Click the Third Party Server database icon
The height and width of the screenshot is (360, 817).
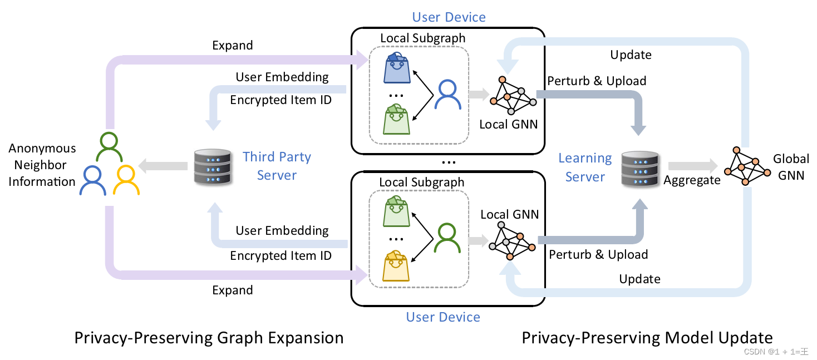pos(212,166)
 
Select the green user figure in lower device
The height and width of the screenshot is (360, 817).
pos(447,238)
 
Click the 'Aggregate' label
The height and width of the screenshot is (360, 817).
pos(692,180)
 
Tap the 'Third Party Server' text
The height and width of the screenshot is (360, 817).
pos(277,166)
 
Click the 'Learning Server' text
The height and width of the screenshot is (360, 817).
pos(585,167)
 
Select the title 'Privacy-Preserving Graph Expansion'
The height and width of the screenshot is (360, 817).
pos(209,338)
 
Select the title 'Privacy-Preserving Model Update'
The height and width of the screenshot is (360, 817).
pos(647,338)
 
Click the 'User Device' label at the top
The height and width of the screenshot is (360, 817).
pos(449,17)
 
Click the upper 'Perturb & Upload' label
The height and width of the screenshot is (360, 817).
pos(597,81)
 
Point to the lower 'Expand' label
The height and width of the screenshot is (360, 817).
pos(233,290)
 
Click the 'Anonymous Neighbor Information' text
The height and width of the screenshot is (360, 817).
pos(42,165)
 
